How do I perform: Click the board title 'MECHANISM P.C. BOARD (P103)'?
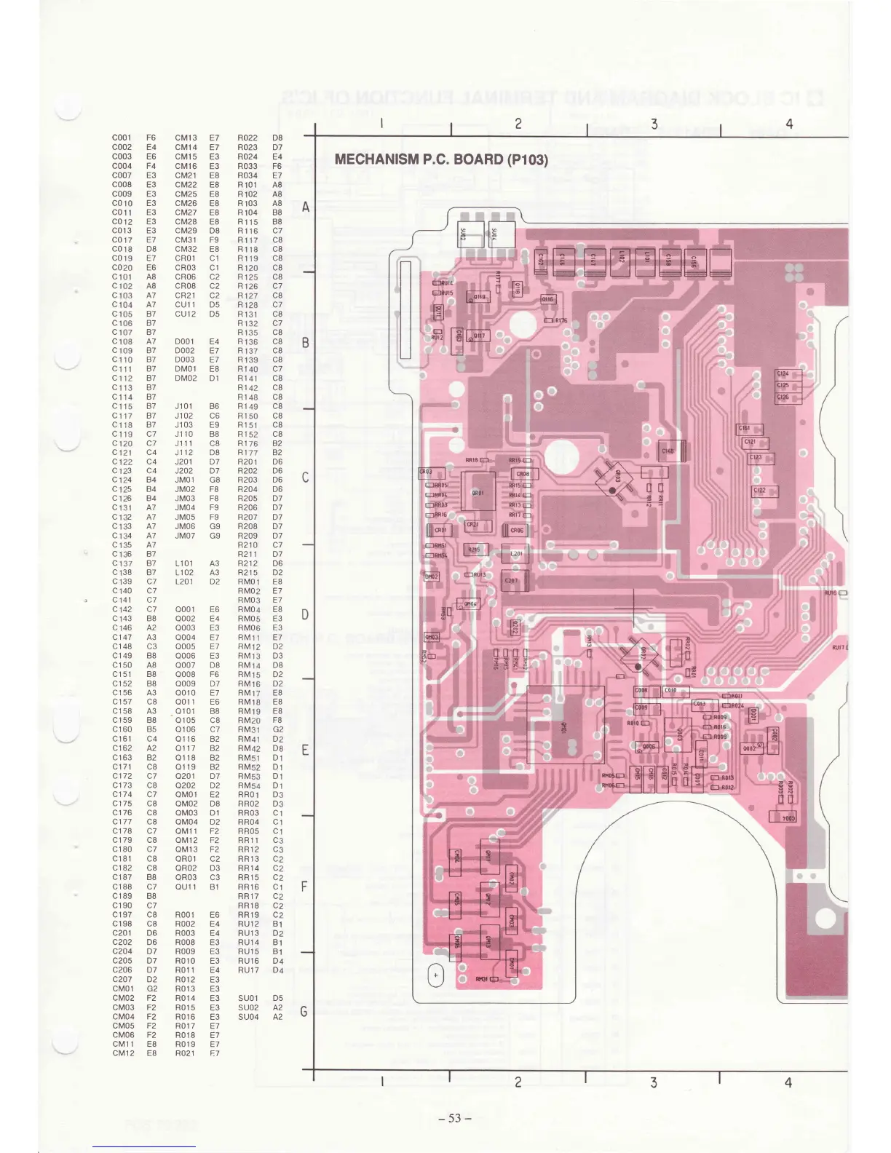click(x=440, y=159)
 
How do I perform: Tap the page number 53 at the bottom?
click(x=455, y=1118)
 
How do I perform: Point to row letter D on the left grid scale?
click(x=305, y=614)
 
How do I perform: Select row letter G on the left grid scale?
click(x=304, y=1012)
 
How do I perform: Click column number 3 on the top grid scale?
click(x=654, y=124)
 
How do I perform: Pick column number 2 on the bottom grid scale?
click(x=518, y=1082)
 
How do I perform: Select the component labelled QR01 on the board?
click(x=478, y=493)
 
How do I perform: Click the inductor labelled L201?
click(x=516, y=554)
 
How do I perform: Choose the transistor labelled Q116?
click(x=547, y=299)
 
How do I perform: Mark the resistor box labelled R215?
click(x=475, y=550)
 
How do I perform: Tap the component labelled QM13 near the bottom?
click(x=488, y=943)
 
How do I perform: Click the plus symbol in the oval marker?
click(x=436, y=975)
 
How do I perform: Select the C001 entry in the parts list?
click(x=122, y=138)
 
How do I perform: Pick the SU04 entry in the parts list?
click(x=248, y=1017)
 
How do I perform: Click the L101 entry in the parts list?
click(x=185, y=563)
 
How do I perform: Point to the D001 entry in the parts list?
click(x=185, y=341)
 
